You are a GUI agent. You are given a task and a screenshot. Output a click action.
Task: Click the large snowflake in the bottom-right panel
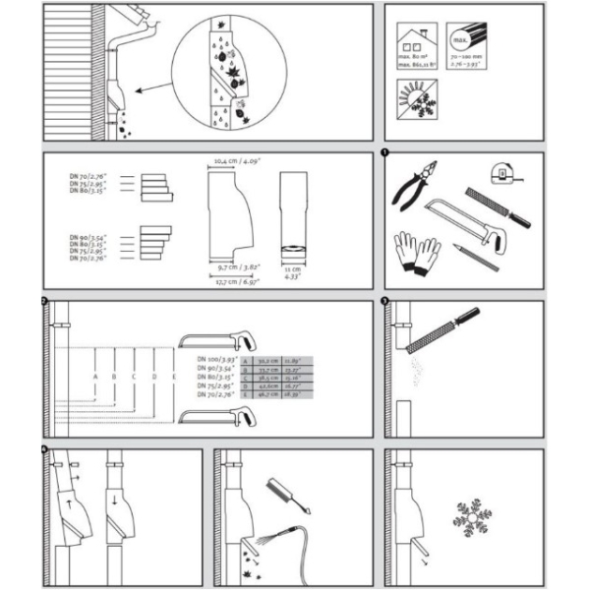[x=471, y=517]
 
